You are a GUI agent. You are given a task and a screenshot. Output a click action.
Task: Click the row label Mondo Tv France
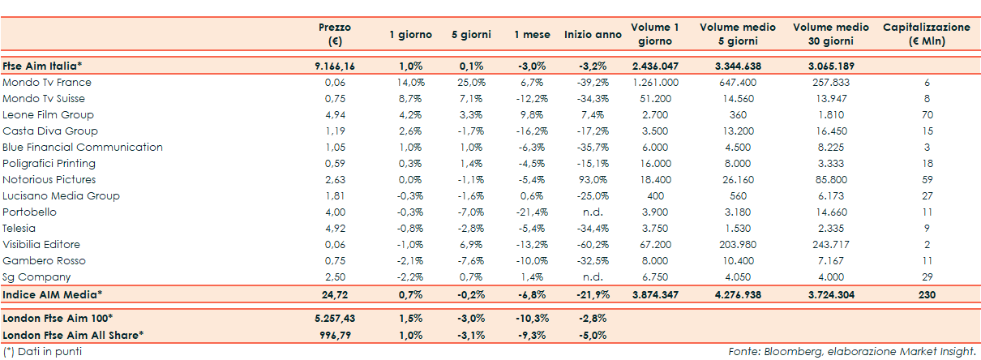point(47,83)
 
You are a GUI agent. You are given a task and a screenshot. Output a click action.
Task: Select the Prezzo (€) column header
point(335,34)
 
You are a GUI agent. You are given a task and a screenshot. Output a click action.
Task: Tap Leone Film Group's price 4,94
point(335,115)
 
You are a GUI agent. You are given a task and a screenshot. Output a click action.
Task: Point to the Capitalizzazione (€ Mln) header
point(926,34)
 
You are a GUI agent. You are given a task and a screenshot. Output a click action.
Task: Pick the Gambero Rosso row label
point(44,261)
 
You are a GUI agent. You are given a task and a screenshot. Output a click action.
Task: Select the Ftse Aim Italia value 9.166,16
point(335,66)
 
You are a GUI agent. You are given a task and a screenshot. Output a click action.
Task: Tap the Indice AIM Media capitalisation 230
point(926,294)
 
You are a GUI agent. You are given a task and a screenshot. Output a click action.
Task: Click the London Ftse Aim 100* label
point(58,317)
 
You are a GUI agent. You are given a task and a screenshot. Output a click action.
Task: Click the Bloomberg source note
point(852,352)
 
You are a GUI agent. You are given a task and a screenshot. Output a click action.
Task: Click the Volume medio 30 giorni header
point(829,34)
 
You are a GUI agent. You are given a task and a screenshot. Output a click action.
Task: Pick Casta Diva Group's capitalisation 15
point(927,131)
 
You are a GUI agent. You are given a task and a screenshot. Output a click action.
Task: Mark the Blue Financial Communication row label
point(83,148)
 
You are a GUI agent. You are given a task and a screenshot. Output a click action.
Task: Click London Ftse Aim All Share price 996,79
point(335,334)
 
